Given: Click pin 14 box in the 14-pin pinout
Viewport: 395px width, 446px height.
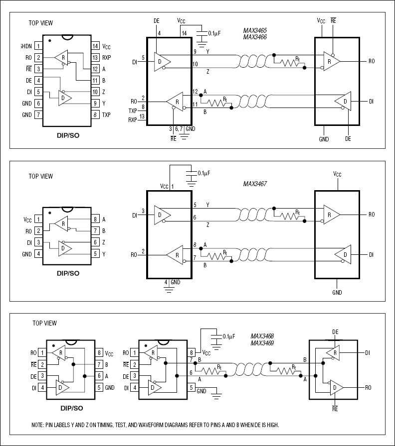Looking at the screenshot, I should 95,46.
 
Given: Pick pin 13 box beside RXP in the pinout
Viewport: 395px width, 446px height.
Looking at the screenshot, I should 95,57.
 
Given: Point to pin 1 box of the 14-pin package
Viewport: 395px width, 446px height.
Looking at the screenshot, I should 38,46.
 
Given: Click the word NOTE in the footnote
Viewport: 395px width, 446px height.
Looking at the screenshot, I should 38,425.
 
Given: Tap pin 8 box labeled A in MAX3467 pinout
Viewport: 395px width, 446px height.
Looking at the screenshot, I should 95,219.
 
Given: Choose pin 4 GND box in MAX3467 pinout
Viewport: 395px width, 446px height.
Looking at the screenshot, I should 38,254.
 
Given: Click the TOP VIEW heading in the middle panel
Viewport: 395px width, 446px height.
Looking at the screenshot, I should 40,176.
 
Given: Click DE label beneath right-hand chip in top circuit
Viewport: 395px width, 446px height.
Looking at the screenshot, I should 348,139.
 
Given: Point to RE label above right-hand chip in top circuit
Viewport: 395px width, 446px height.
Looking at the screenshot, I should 333,21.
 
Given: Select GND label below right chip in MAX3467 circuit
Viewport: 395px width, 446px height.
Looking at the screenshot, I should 337,292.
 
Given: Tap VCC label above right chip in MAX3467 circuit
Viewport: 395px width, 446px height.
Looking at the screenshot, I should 337,174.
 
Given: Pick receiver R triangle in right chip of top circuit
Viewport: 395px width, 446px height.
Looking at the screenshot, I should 332,61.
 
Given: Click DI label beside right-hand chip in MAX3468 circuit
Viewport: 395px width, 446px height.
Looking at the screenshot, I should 367,352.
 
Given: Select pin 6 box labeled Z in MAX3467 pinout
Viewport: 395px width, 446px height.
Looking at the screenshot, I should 95,242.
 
